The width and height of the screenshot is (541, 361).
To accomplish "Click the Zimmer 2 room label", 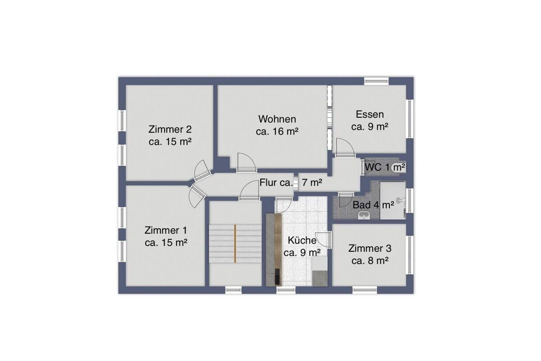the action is [170, 135].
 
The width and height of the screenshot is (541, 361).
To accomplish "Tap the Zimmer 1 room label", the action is [166, 236].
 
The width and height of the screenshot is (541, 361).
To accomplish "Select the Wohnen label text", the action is [277, 119].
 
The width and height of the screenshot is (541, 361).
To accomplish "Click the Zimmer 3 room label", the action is [370, 255].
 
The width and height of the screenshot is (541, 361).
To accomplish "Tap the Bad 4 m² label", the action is [373, 205].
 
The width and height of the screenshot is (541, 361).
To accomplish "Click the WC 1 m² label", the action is [385, 167].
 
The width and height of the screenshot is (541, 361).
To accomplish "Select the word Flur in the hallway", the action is [267, 183].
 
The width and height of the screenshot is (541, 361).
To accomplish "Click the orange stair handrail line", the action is [235, 243].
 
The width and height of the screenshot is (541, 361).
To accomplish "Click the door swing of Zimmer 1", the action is [197, 196].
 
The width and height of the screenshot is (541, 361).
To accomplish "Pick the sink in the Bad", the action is [363, 215].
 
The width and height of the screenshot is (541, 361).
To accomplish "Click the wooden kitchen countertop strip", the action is [278, 249].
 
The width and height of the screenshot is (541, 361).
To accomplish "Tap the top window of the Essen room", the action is [376, 81].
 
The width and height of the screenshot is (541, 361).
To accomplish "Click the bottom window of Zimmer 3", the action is [365, 290].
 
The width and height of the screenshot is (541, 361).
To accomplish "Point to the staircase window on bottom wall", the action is [234, 290].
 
